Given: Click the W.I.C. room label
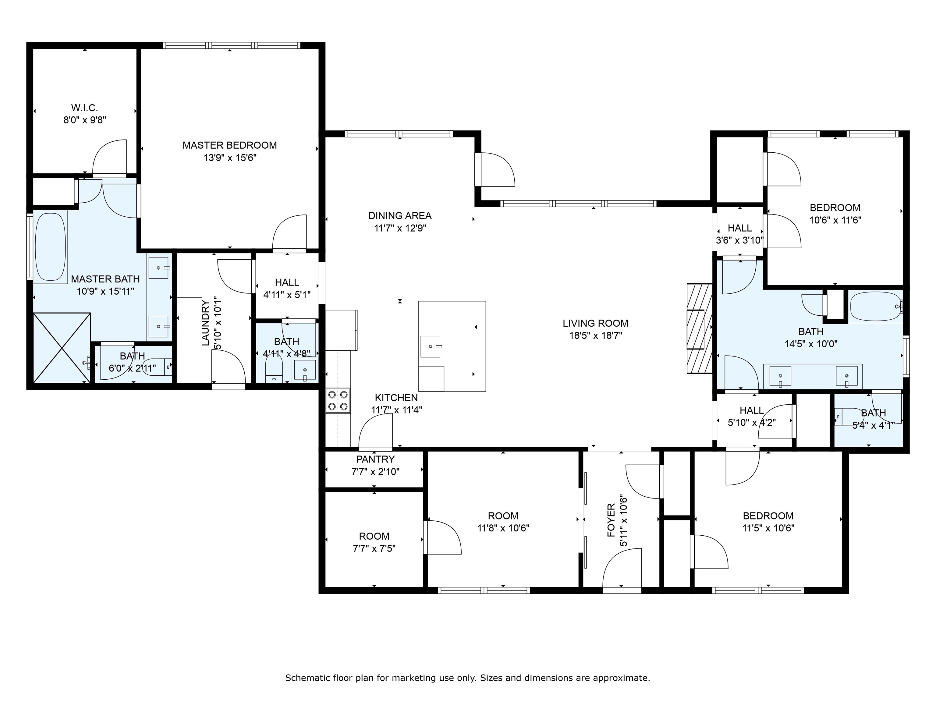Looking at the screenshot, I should (x=85, y=108).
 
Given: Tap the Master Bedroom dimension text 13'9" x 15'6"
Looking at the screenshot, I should (x=230, y=158).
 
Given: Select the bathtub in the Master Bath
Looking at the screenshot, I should (x=50, y=247).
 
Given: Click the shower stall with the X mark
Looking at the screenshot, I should (x=62, y=348).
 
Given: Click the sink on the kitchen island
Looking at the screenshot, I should (x=431, y=346).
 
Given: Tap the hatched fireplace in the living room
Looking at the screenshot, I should (x=698, y=328).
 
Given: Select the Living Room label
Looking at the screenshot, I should (x=595, y=323).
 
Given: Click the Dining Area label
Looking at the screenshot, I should (x=399, y=216).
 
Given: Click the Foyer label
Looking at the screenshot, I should (x=611, y=520).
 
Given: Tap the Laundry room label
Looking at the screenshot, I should (x=206, y=323).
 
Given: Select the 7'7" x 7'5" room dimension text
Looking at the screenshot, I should (x=374, y=549).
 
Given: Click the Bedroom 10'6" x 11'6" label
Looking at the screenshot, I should (x=835, y=208).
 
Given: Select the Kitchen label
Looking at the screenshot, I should (x=396, y=398).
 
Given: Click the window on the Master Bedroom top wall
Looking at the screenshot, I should (x=232, y=45).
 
